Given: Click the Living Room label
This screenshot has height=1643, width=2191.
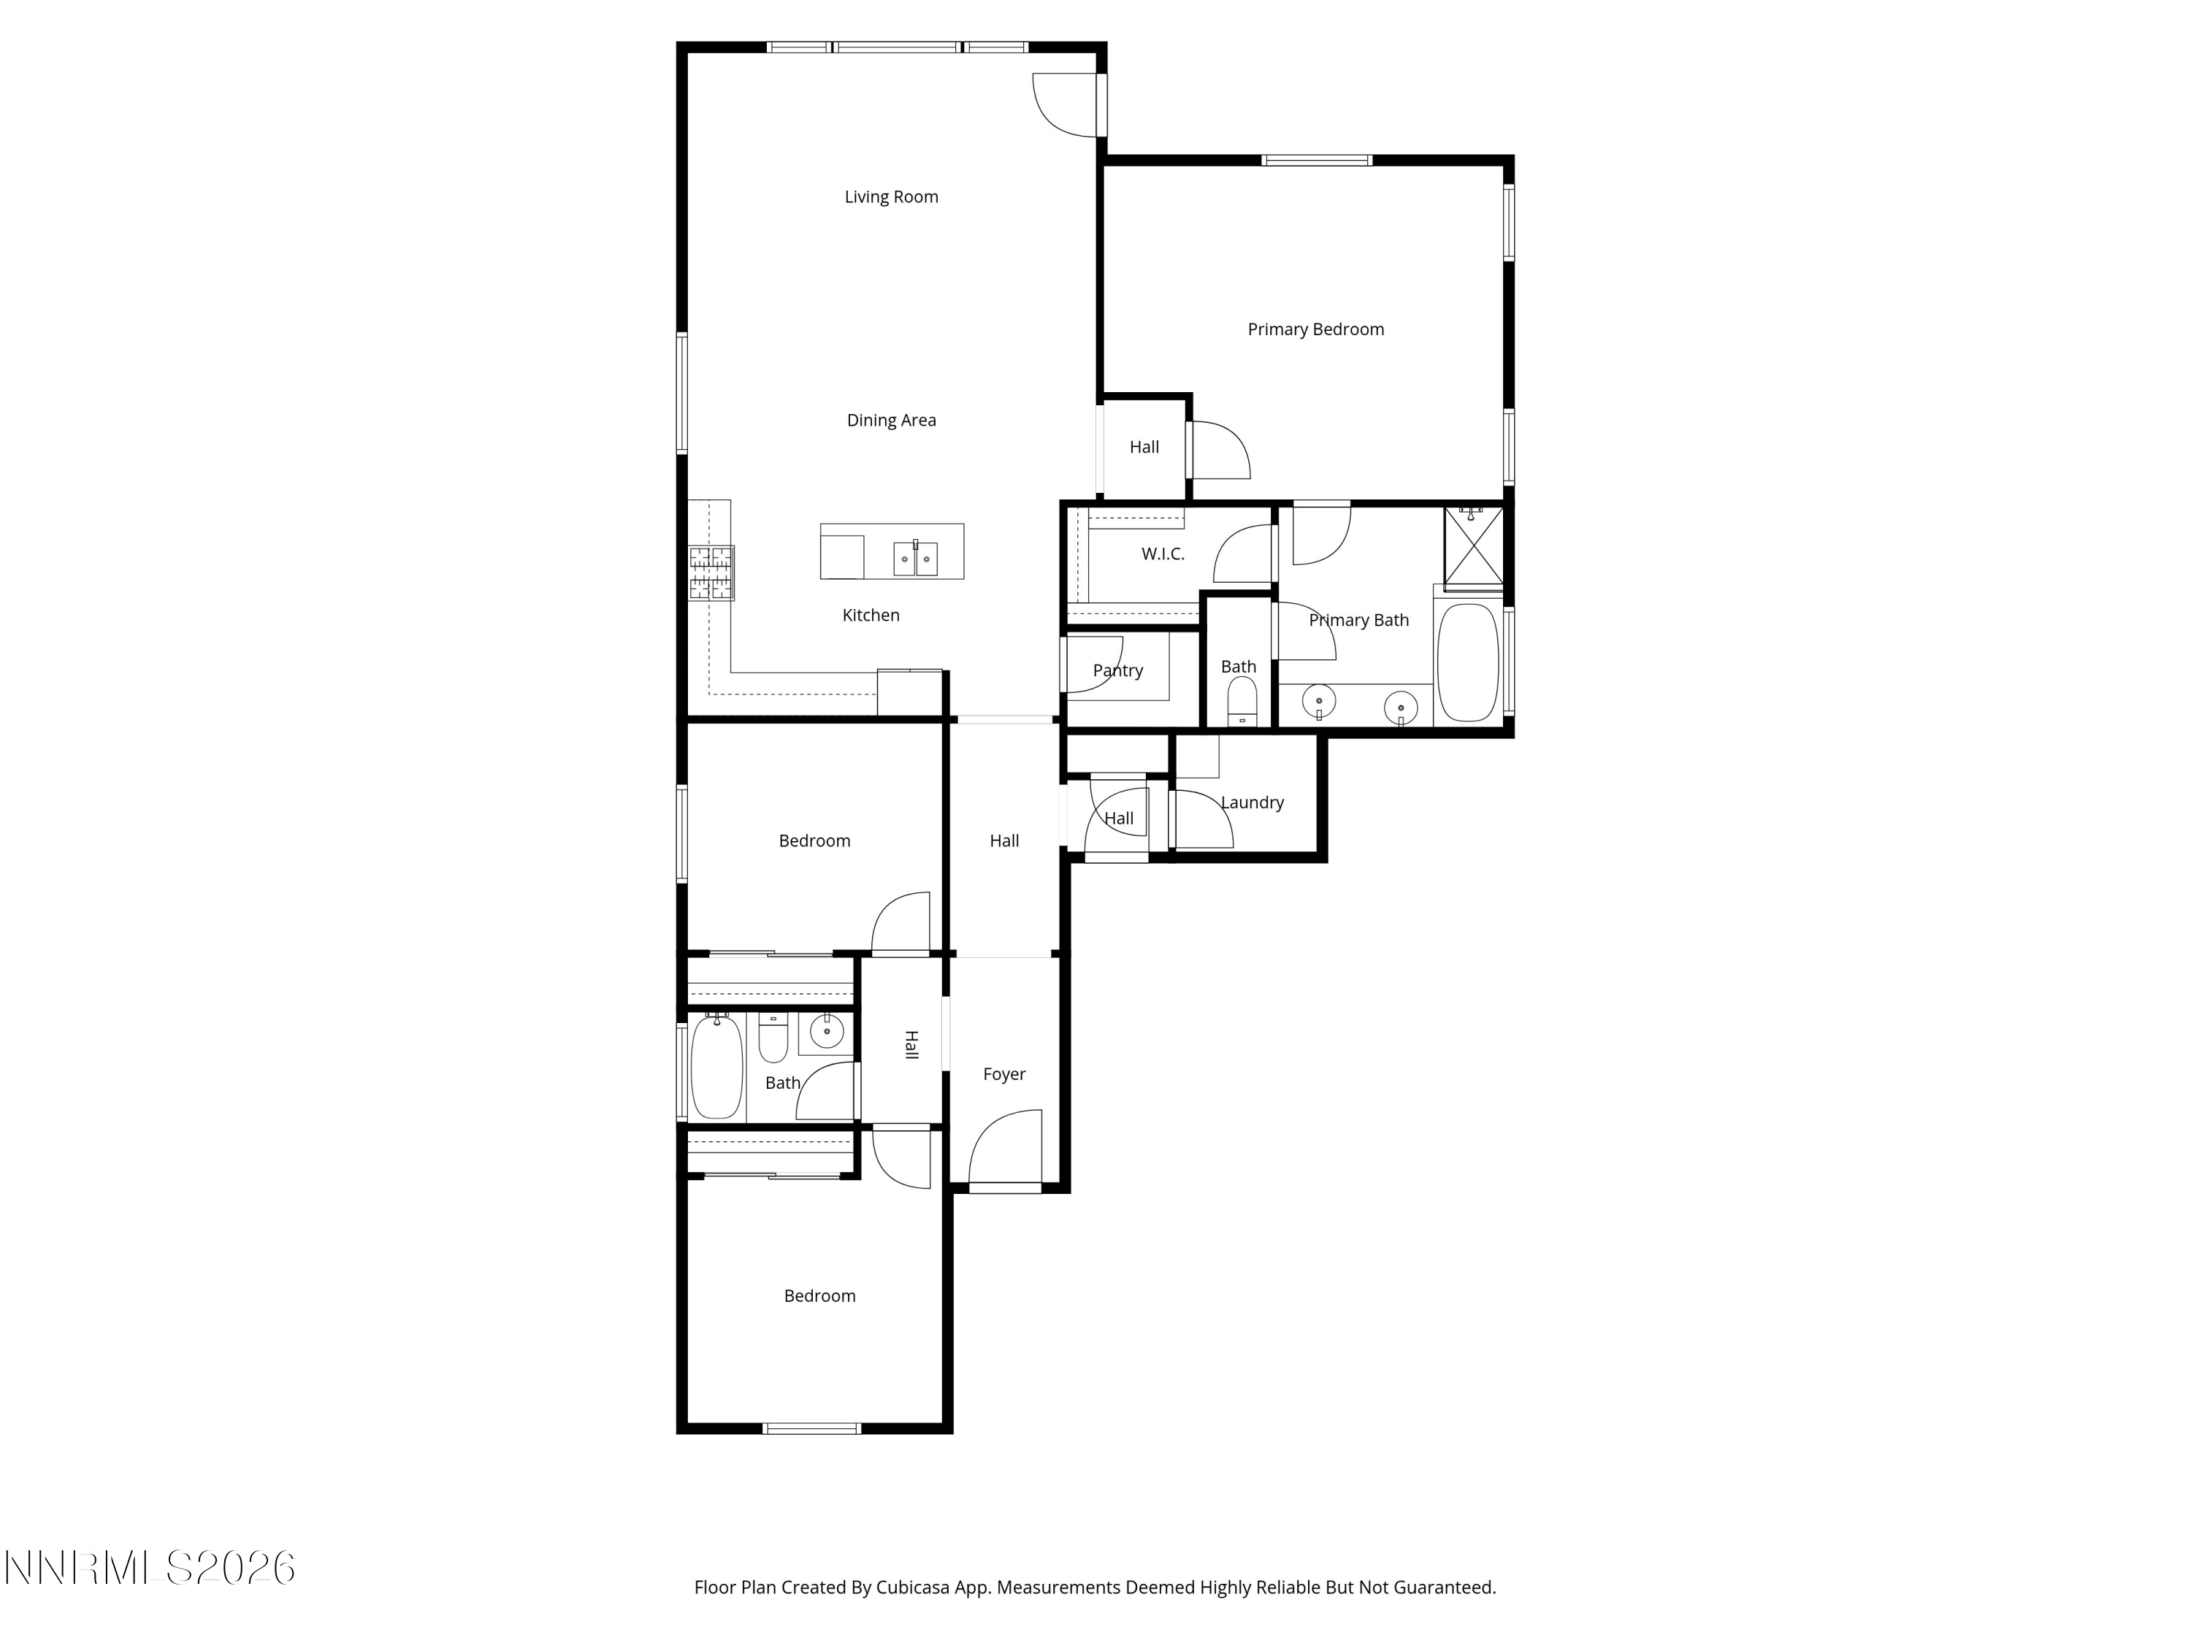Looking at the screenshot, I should click(x=890, y=197).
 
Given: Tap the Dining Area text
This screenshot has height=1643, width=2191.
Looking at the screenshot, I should click(x=890, y=420).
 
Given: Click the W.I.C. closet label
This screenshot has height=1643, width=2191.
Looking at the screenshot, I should click(x=1162, y=554).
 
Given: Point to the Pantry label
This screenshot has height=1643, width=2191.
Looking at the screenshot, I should click(x=1117, y=670).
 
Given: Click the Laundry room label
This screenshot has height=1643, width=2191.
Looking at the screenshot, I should click(x=1251, y=803).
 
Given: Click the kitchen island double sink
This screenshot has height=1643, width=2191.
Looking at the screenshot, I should click(x=915, y=559).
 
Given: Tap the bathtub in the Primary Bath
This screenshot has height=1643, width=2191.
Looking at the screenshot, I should click(x=1467, y=662).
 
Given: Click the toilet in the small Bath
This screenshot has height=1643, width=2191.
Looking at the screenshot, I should click(x=1240, y=705).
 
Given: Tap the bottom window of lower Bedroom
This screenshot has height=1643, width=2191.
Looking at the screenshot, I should click(x=811, y=1428).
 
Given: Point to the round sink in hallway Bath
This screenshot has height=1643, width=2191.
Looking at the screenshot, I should click(x=826, y=1032).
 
